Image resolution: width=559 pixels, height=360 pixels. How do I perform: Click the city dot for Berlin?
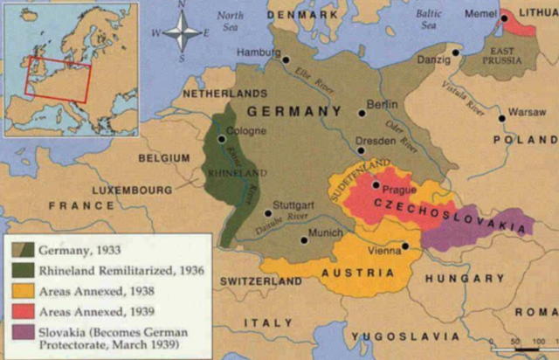pyautogui.click(x=362, y=113)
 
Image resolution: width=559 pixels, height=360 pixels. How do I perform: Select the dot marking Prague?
pyautogui.click(x=376, y=185)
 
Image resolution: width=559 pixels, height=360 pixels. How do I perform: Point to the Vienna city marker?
pyautogui.click(x=406, y=246)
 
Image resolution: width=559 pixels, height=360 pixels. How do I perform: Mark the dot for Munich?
pyautogui.click(x=304, y=239)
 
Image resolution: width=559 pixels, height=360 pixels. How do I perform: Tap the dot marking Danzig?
pyautogui.click(x=456, y=52)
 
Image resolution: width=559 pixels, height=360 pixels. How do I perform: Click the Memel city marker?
pyautogui.click(x=505, y=17)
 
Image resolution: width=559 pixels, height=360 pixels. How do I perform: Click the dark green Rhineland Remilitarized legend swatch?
pyautogui.click(x=19, y=271)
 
